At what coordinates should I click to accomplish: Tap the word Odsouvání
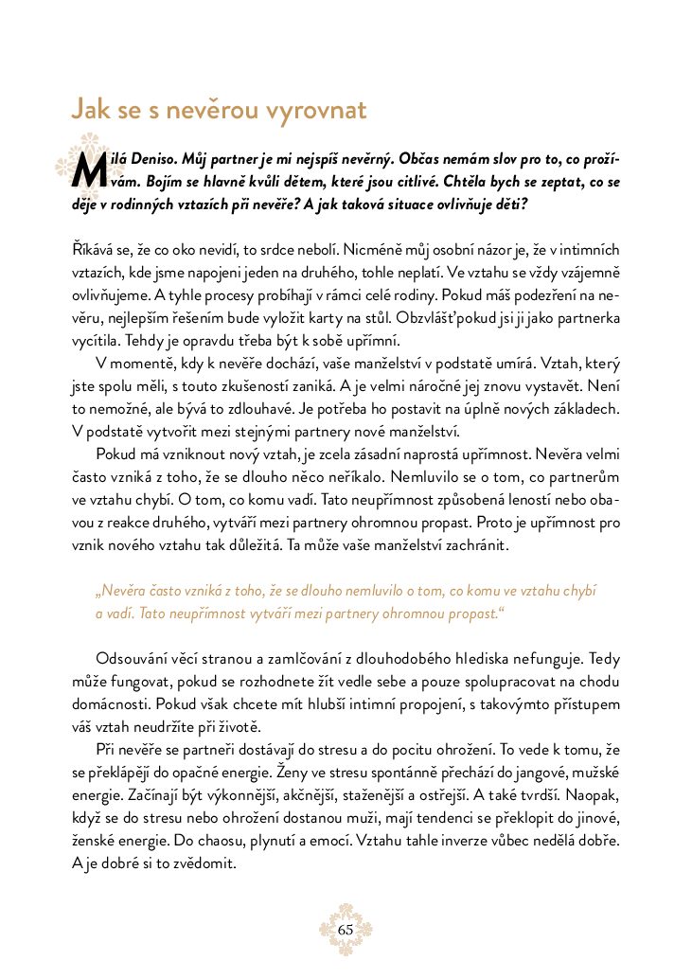134,659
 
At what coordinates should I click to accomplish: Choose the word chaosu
238,841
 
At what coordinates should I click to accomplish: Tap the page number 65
346,930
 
